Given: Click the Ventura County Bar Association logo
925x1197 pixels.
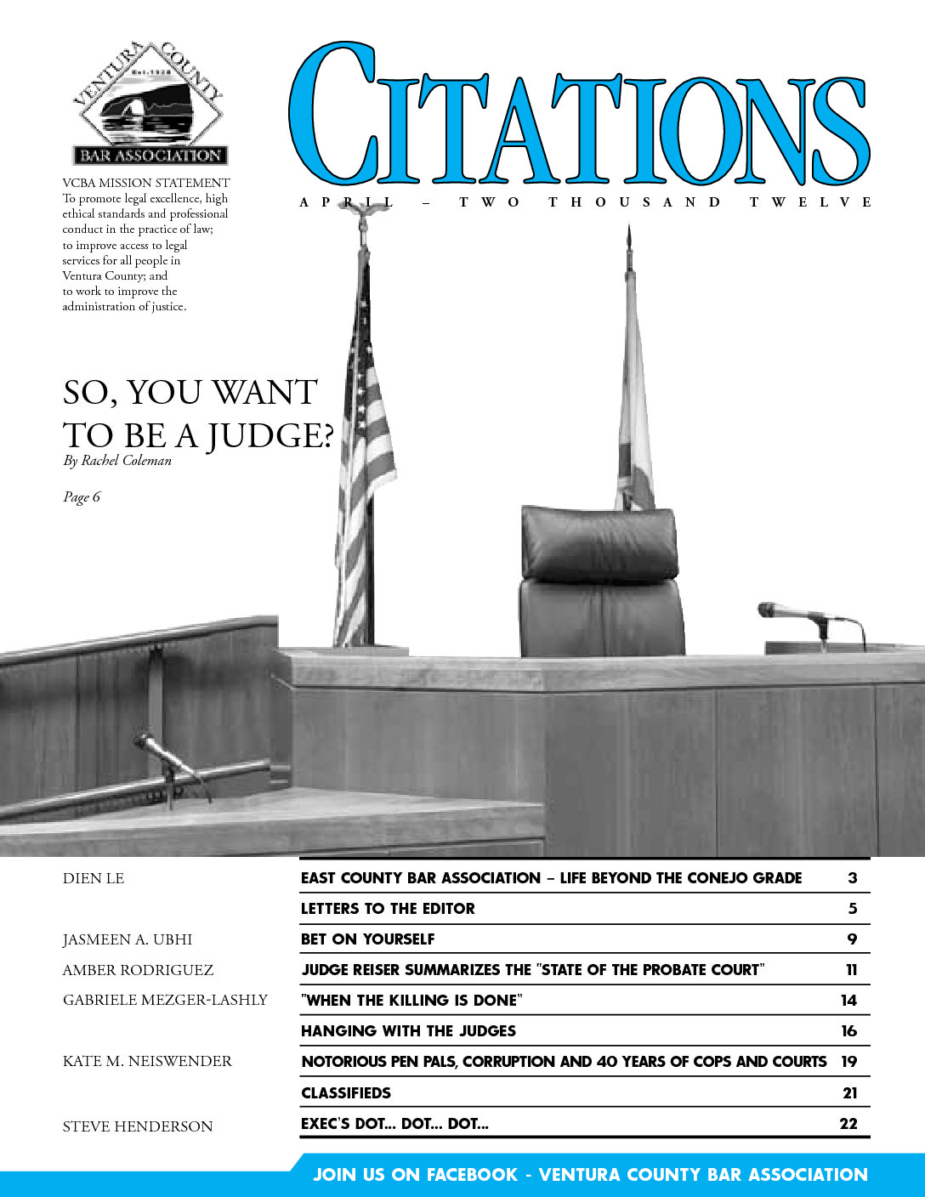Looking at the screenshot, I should pos(149,104).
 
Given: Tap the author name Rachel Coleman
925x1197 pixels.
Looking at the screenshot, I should pos(126,461).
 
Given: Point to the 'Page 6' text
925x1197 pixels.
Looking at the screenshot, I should pos(82,497).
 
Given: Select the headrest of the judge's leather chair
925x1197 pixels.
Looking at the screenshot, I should pos(599,542).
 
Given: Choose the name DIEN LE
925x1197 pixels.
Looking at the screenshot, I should pos(94,878).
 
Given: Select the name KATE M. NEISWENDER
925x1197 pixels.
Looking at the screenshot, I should pos(147,1061).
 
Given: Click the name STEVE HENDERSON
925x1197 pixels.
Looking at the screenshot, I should pos(138,1126).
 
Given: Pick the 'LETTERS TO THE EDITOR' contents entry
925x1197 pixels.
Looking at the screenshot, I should pos(388,909).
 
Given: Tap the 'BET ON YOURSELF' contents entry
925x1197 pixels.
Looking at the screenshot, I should pos(367,939).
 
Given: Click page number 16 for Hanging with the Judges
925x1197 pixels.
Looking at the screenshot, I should pos(848,1031).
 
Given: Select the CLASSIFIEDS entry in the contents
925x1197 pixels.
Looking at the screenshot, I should pos(346,1093).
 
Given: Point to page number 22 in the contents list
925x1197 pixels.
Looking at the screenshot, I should pos(848,1124).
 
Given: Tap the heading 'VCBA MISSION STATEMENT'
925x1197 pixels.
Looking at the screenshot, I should pos(146,183).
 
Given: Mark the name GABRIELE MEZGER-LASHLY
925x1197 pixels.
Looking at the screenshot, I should pos(165,1000).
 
